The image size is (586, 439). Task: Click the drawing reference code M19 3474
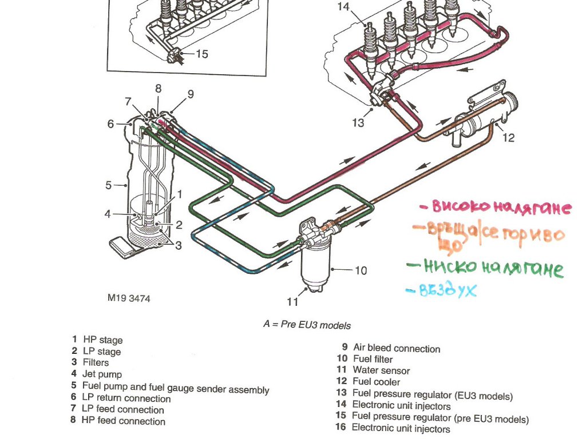click(x=128, y=298)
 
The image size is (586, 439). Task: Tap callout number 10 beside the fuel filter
click(x=361, y=270)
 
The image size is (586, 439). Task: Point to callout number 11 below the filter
click(x=293, y=301)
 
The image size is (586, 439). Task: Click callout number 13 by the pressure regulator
click(x=358, y=122)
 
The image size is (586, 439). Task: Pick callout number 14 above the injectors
click(x=343, y=7)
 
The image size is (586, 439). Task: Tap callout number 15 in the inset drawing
click(x=202, y=54)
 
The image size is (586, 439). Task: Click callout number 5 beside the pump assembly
click(x=108, y=185)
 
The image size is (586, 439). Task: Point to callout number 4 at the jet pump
click(x=107, y=214)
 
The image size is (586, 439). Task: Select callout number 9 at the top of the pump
click(x=191, y=94)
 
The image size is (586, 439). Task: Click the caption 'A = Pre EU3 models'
click(x=307, y=324)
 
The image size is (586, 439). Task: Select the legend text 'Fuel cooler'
click(x=376, y=382)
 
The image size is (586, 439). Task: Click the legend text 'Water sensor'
click(x=381, y=370)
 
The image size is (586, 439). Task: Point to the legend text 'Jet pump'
click(x=102, y=374)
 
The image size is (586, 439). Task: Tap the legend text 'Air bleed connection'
click(x=397, y=348)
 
